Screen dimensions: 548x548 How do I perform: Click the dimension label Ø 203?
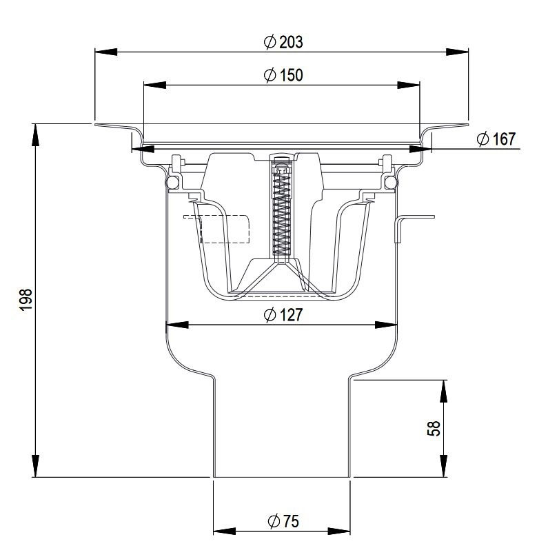(x=283, y=41)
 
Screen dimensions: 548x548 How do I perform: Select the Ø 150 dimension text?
(x=283, y=75)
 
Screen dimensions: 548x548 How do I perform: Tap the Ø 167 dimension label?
(x=496, y=140)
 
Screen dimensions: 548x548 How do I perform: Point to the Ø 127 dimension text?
(x=283, y=315)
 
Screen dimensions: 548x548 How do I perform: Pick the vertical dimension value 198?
(x=26, y=300)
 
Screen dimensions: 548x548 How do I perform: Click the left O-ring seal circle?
(x=172, y=182)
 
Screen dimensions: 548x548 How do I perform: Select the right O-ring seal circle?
(x=390, y=182)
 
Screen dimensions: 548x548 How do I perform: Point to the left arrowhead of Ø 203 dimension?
(x=103, y=51)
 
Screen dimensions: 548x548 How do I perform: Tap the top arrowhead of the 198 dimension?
(x=34, y=132)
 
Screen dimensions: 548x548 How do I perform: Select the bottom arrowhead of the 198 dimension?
(x=34, y=468)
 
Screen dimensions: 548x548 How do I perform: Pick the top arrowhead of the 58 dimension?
(x=443, y=388)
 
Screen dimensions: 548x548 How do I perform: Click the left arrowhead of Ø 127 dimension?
(x=176, y=324)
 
